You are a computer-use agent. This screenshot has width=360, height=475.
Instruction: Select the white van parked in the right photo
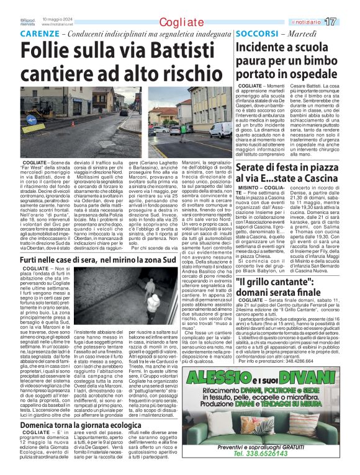[x=220, y=130]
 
